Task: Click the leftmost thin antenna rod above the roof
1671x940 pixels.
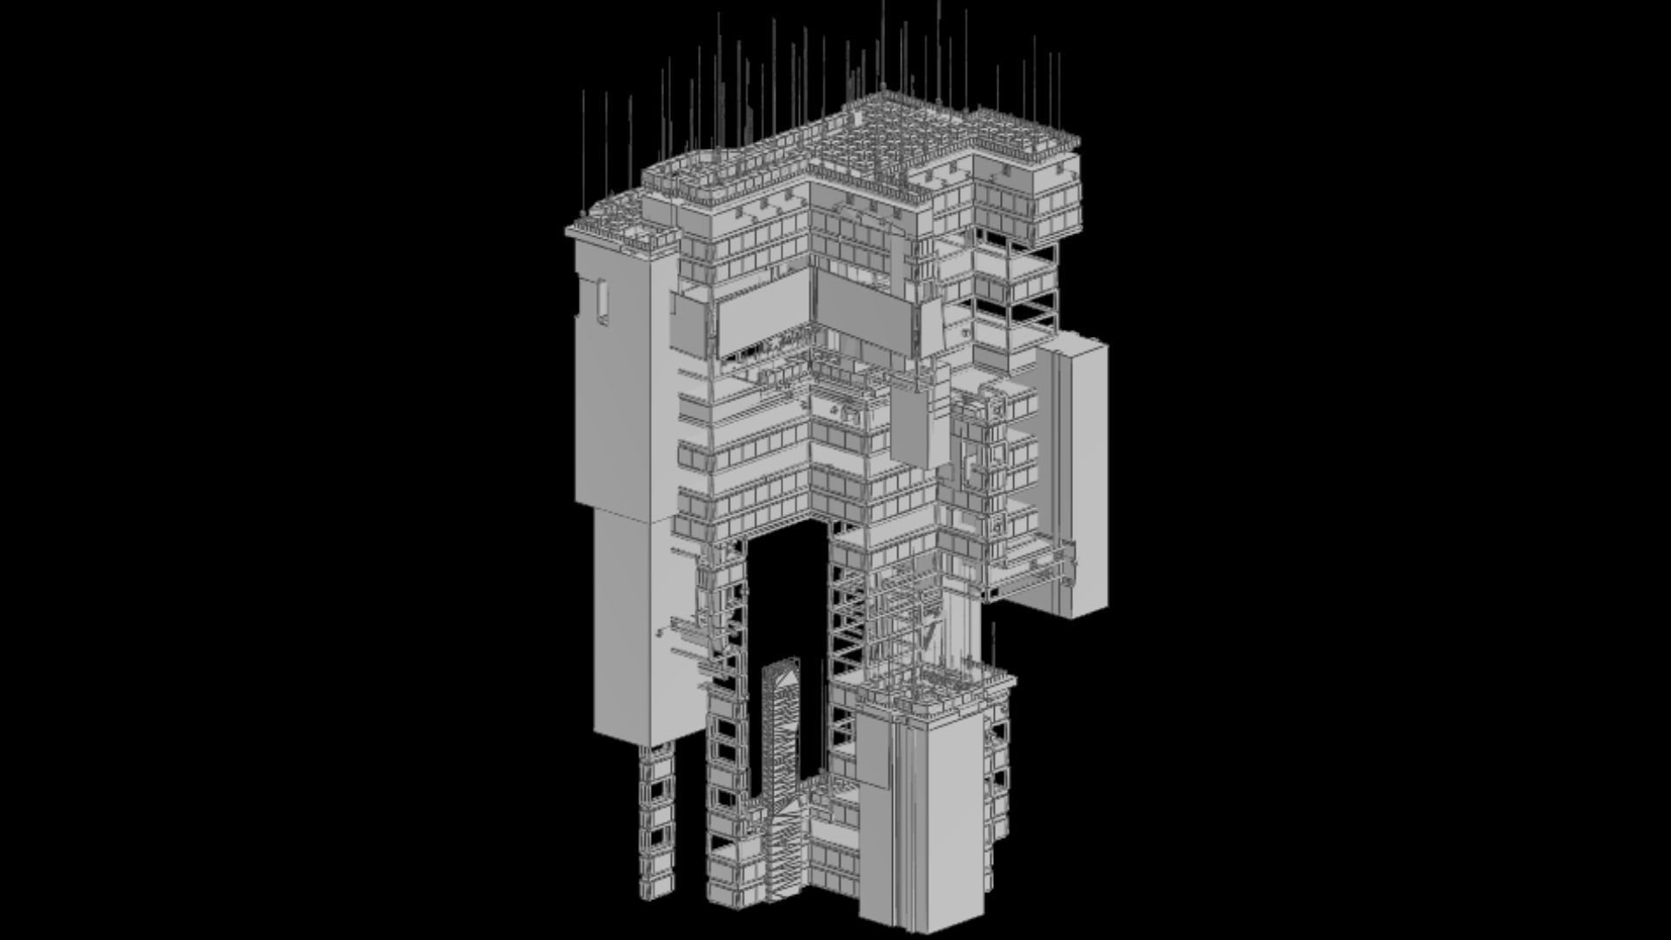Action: pyautogui.click(x=583, y=152)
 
